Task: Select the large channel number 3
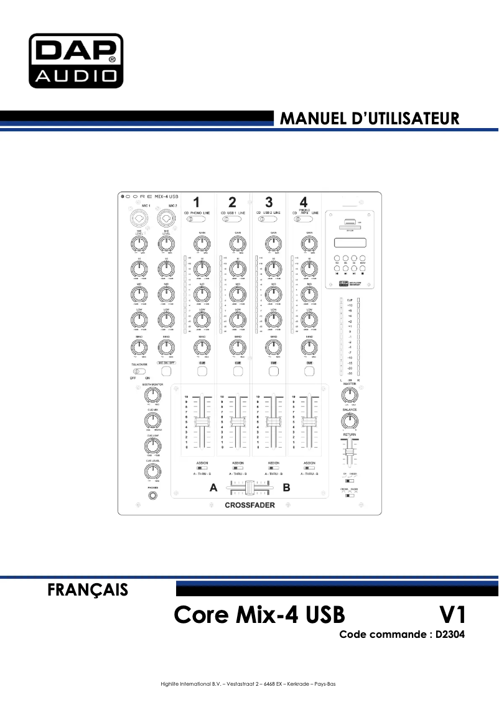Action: pos(268,201)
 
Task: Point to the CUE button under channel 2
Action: pos(238,372)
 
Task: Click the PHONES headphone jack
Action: pos(152,497)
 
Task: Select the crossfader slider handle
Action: pos(250,487)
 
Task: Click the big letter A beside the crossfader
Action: pos(213,488)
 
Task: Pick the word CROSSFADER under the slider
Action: pos(250,505)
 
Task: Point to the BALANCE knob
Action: pos(349,423)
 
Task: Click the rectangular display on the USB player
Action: pos(349,244)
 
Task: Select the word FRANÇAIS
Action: pos(88,589)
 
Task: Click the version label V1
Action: pos(452,615)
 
